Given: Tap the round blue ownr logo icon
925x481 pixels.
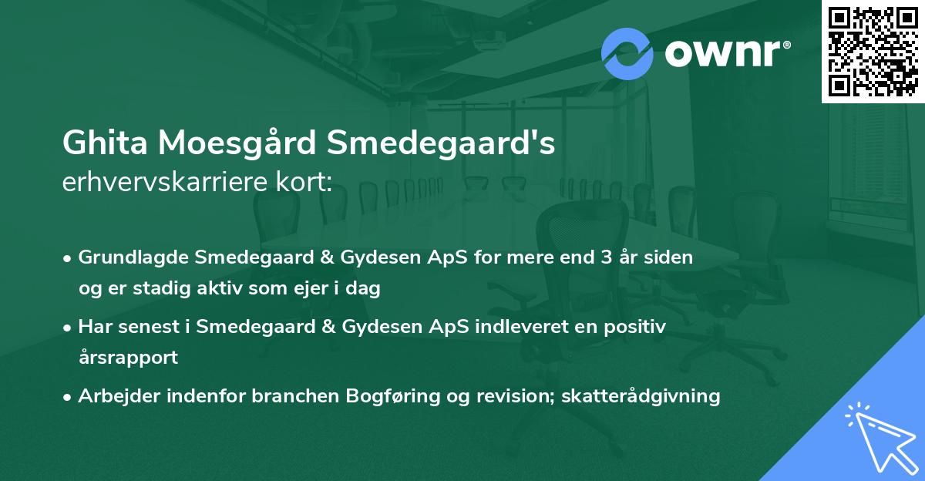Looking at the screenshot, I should point(627,53).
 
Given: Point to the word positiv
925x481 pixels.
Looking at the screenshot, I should point(634,327).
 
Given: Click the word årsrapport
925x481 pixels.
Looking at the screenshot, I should point(128,358).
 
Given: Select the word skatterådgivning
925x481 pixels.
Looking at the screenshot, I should point(641,396).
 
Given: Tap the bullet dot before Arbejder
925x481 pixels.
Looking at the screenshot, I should point(69,397).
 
